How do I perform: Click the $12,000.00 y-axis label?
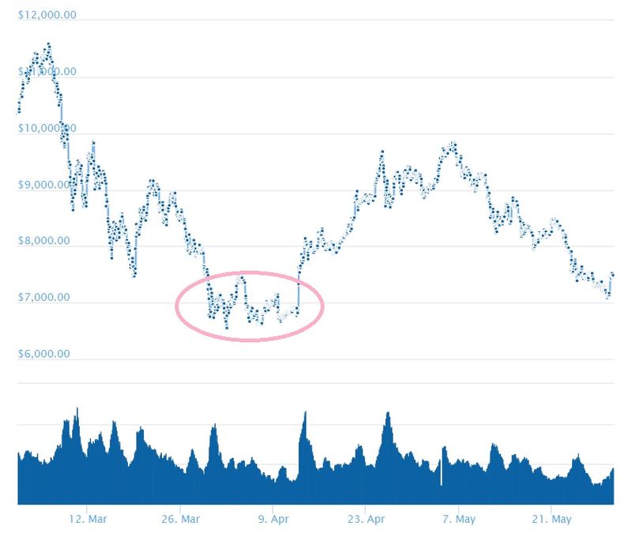point(47,15)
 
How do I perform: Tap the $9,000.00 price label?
point(47,185)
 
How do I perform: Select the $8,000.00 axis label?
point(47,241)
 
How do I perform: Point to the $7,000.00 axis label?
point(47,298)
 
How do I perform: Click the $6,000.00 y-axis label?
point(47,354)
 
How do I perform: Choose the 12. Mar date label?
point(88,519)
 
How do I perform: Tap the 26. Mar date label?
point(180,519)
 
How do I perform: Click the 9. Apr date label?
point(273,519)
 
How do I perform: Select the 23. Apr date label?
point(366,519)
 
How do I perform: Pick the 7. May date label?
point(459,519)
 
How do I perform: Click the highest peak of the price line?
point(48,44)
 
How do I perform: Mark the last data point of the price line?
point(612,274)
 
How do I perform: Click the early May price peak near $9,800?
point(453,145)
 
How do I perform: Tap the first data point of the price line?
point(18,111)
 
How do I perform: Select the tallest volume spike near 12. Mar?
point(77,408)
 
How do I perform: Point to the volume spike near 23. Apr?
point(387,413)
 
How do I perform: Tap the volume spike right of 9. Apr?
point(304,412)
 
